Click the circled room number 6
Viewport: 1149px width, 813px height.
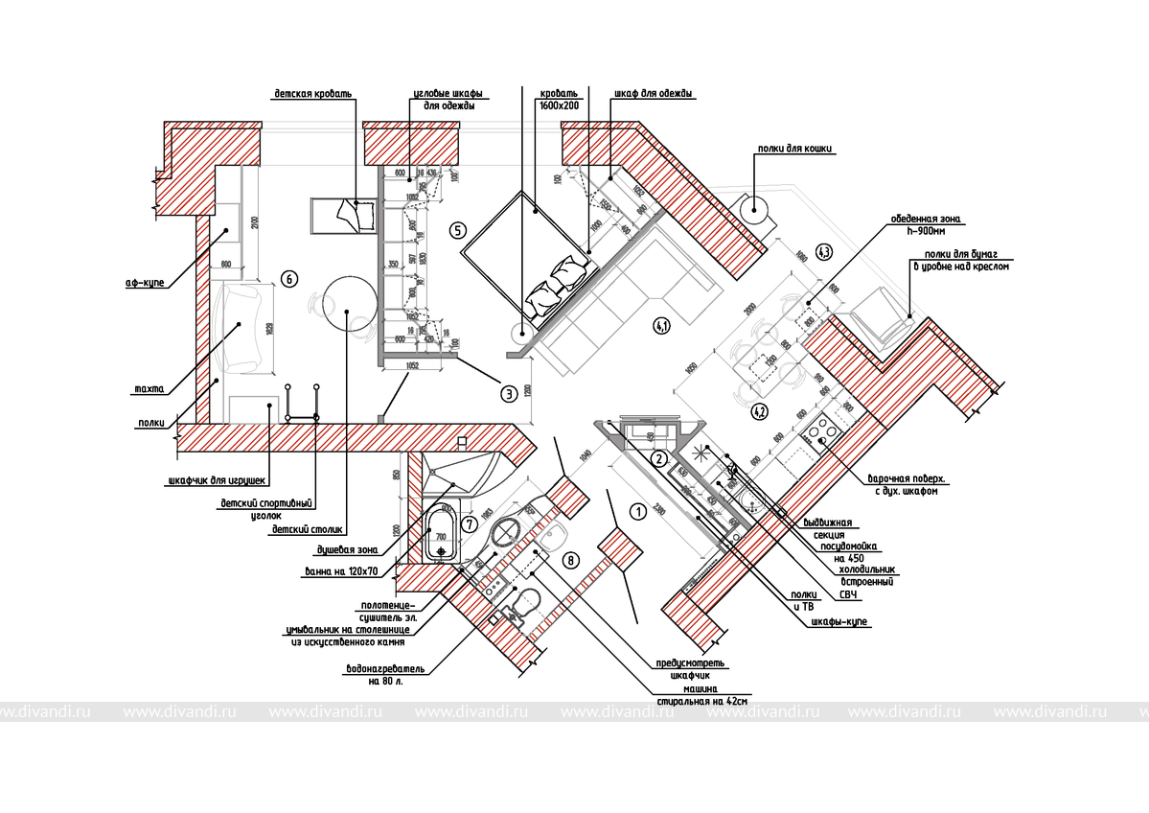point(287,278)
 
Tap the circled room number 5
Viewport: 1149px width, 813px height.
point(457,230)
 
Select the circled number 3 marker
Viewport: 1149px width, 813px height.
point(509,392)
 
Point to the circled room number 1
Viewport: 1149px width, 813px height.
point(635,512)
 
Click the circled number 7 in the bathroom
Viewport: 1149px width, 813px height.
point(469,524)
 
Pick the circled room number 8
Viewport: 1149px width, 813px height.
point(572,560)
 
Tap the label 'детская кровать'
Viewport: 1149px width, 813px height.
point(313,94)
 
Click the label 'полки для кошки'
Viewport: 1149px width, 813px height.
point(794,149)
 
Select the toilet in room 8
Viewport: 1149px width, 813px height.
point(525,604)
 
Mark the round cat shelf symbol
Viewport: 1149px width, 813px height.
point(754,207)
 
